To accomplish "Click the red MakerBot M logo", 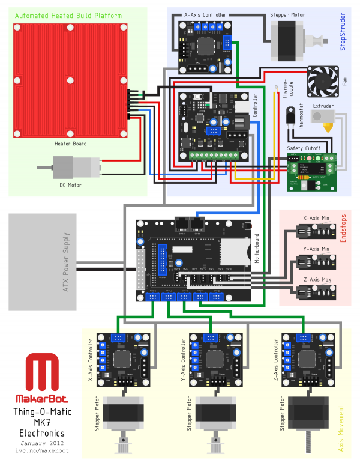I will click(41, 373).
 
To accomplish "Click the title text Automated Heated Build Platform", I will click(68, 16).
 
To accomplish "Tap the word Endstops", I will click(344, 229).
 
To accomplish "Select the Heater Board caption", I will click(71, 144).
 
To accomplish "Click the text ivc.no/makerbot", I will click(41, 450).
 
